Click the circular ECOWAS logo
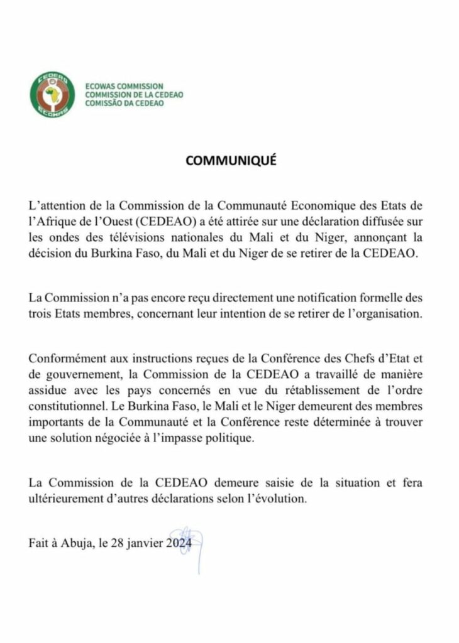pyautogui.click(x=53, y=94)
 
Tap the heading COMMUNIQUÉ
pyautogui.click(x=231, y=161)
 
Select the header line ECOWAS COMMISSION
pyautogui.click(x=123, y=86)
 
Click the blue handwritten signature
pyautogui.click(x=191, y=544)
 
